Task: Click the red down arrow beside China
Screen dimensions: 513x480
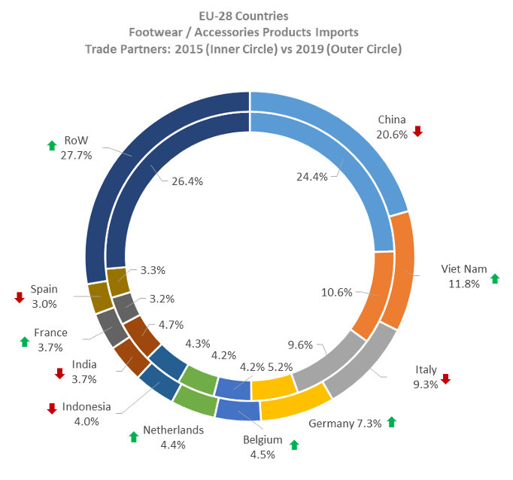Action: point(417,131)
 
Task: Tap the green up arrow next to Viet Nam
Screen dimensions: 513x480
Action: point(495,279)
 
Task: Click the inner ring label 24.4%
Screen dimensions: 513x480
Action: point(312,177)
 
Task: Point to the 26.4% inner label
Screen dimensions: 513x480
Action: point(187,181)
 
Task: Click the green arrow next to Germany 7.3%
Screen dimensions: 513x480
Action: point(392,422)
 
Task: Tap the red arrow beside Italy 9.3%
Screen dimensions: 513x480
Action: point(445,379)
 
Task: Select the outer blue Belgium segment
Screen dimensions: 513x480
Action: point(238,409)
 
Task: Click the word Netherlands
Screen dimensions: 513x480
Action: point(174,430)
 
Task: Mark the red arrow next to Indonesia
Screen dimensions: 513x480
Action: point(52,409)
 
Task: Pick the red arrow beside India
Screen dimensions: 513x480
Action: point(59,373)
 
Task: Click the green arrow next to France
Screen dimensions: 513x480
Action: point(25,342)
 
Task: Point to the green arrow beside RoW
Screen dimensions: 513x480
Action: point(52,145)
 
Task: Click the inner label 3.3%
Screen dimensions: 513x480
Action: point(153,271)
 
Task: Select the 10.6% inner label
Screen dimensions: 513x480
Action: point(337,293)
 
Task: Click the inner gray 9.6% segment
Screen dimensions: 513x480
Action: point(328,360)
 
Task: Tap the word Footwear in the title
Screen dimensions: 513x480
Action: point(156,32)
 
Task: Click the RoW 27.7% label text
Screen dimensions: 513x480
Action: point(76,148)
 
